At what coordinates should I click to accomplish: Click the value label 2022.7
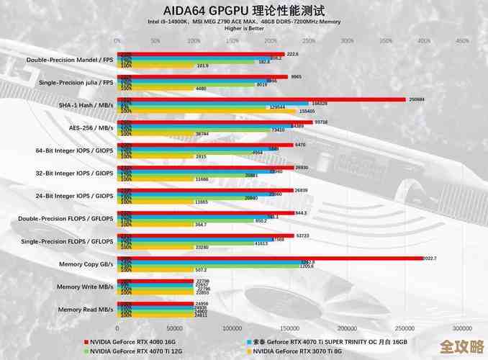(430, 258)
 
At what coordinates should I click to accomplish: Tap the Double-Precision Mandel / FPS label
(71, 60)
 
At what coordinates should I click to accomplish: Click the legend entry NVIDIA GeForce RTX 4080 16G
(133, 341)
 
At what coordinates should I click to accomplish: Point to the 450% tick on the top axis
(462, 40)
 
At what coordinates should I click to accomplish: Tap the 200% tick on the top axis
(270, 40)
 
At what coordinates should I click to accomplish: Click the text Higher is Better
(244, 28)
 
